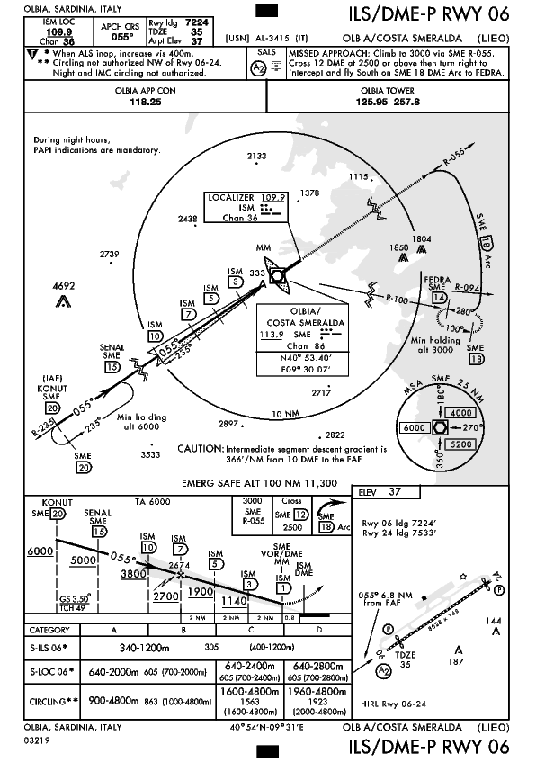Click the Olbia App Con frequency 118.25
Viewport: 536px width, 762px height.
pos(146,102)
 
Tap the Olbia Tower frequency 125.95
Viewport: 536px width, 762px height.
pos(371,102)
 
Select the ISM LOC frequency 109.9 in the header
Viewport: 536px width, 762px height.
pos(58,32)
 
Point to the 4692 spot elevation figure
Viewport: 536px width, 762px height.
pos(64,286)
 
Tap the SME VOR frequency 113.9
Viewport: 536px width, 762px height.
pos(272,335)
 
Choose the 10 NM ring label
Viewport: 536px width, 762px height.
pos(285,414)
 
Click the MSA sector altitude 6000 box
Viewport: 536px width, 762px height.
pos(415,427)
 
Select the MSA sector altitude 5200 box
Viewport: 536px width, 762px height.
pos(460,444)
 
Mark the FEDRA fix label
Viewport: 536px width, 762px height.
pos(437,280)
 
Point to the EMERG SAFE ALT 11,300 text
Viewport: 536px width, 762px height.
pos(259,483)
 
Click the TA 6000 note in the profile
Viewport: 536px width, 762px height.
pos(153,502)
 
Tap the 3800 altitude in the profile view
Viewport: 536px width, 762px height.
pos(133,574)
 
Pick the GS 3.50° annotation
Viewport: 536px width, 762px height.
pos(76,599)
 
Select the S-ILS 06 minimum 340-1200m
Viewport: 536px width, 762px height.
pos(144,648)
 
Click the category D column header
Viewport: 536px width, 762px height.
pos(318,630)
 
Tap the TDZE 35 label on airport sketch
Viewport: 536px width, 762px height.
pos(405,659)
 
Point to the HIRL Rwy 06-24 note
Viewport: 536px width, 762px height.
pos(393,704)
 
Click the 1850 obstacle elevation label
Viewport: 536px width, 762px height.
pos(398,247)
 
